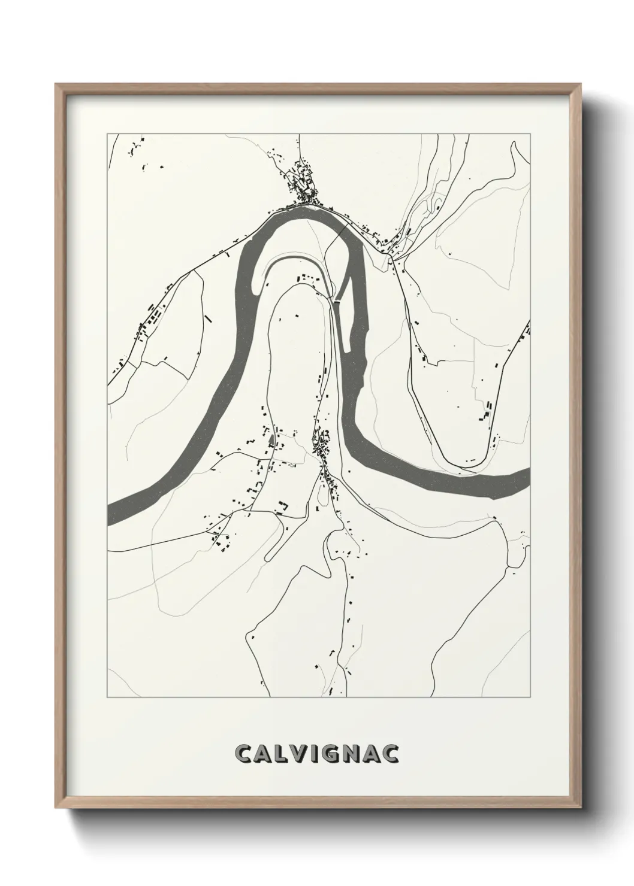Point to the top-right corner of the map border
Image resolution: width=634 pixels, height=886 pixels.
click(x=530, y=134)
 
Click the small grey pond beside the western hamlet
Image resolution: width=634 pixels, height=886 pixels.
click(x=272, y=442)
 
